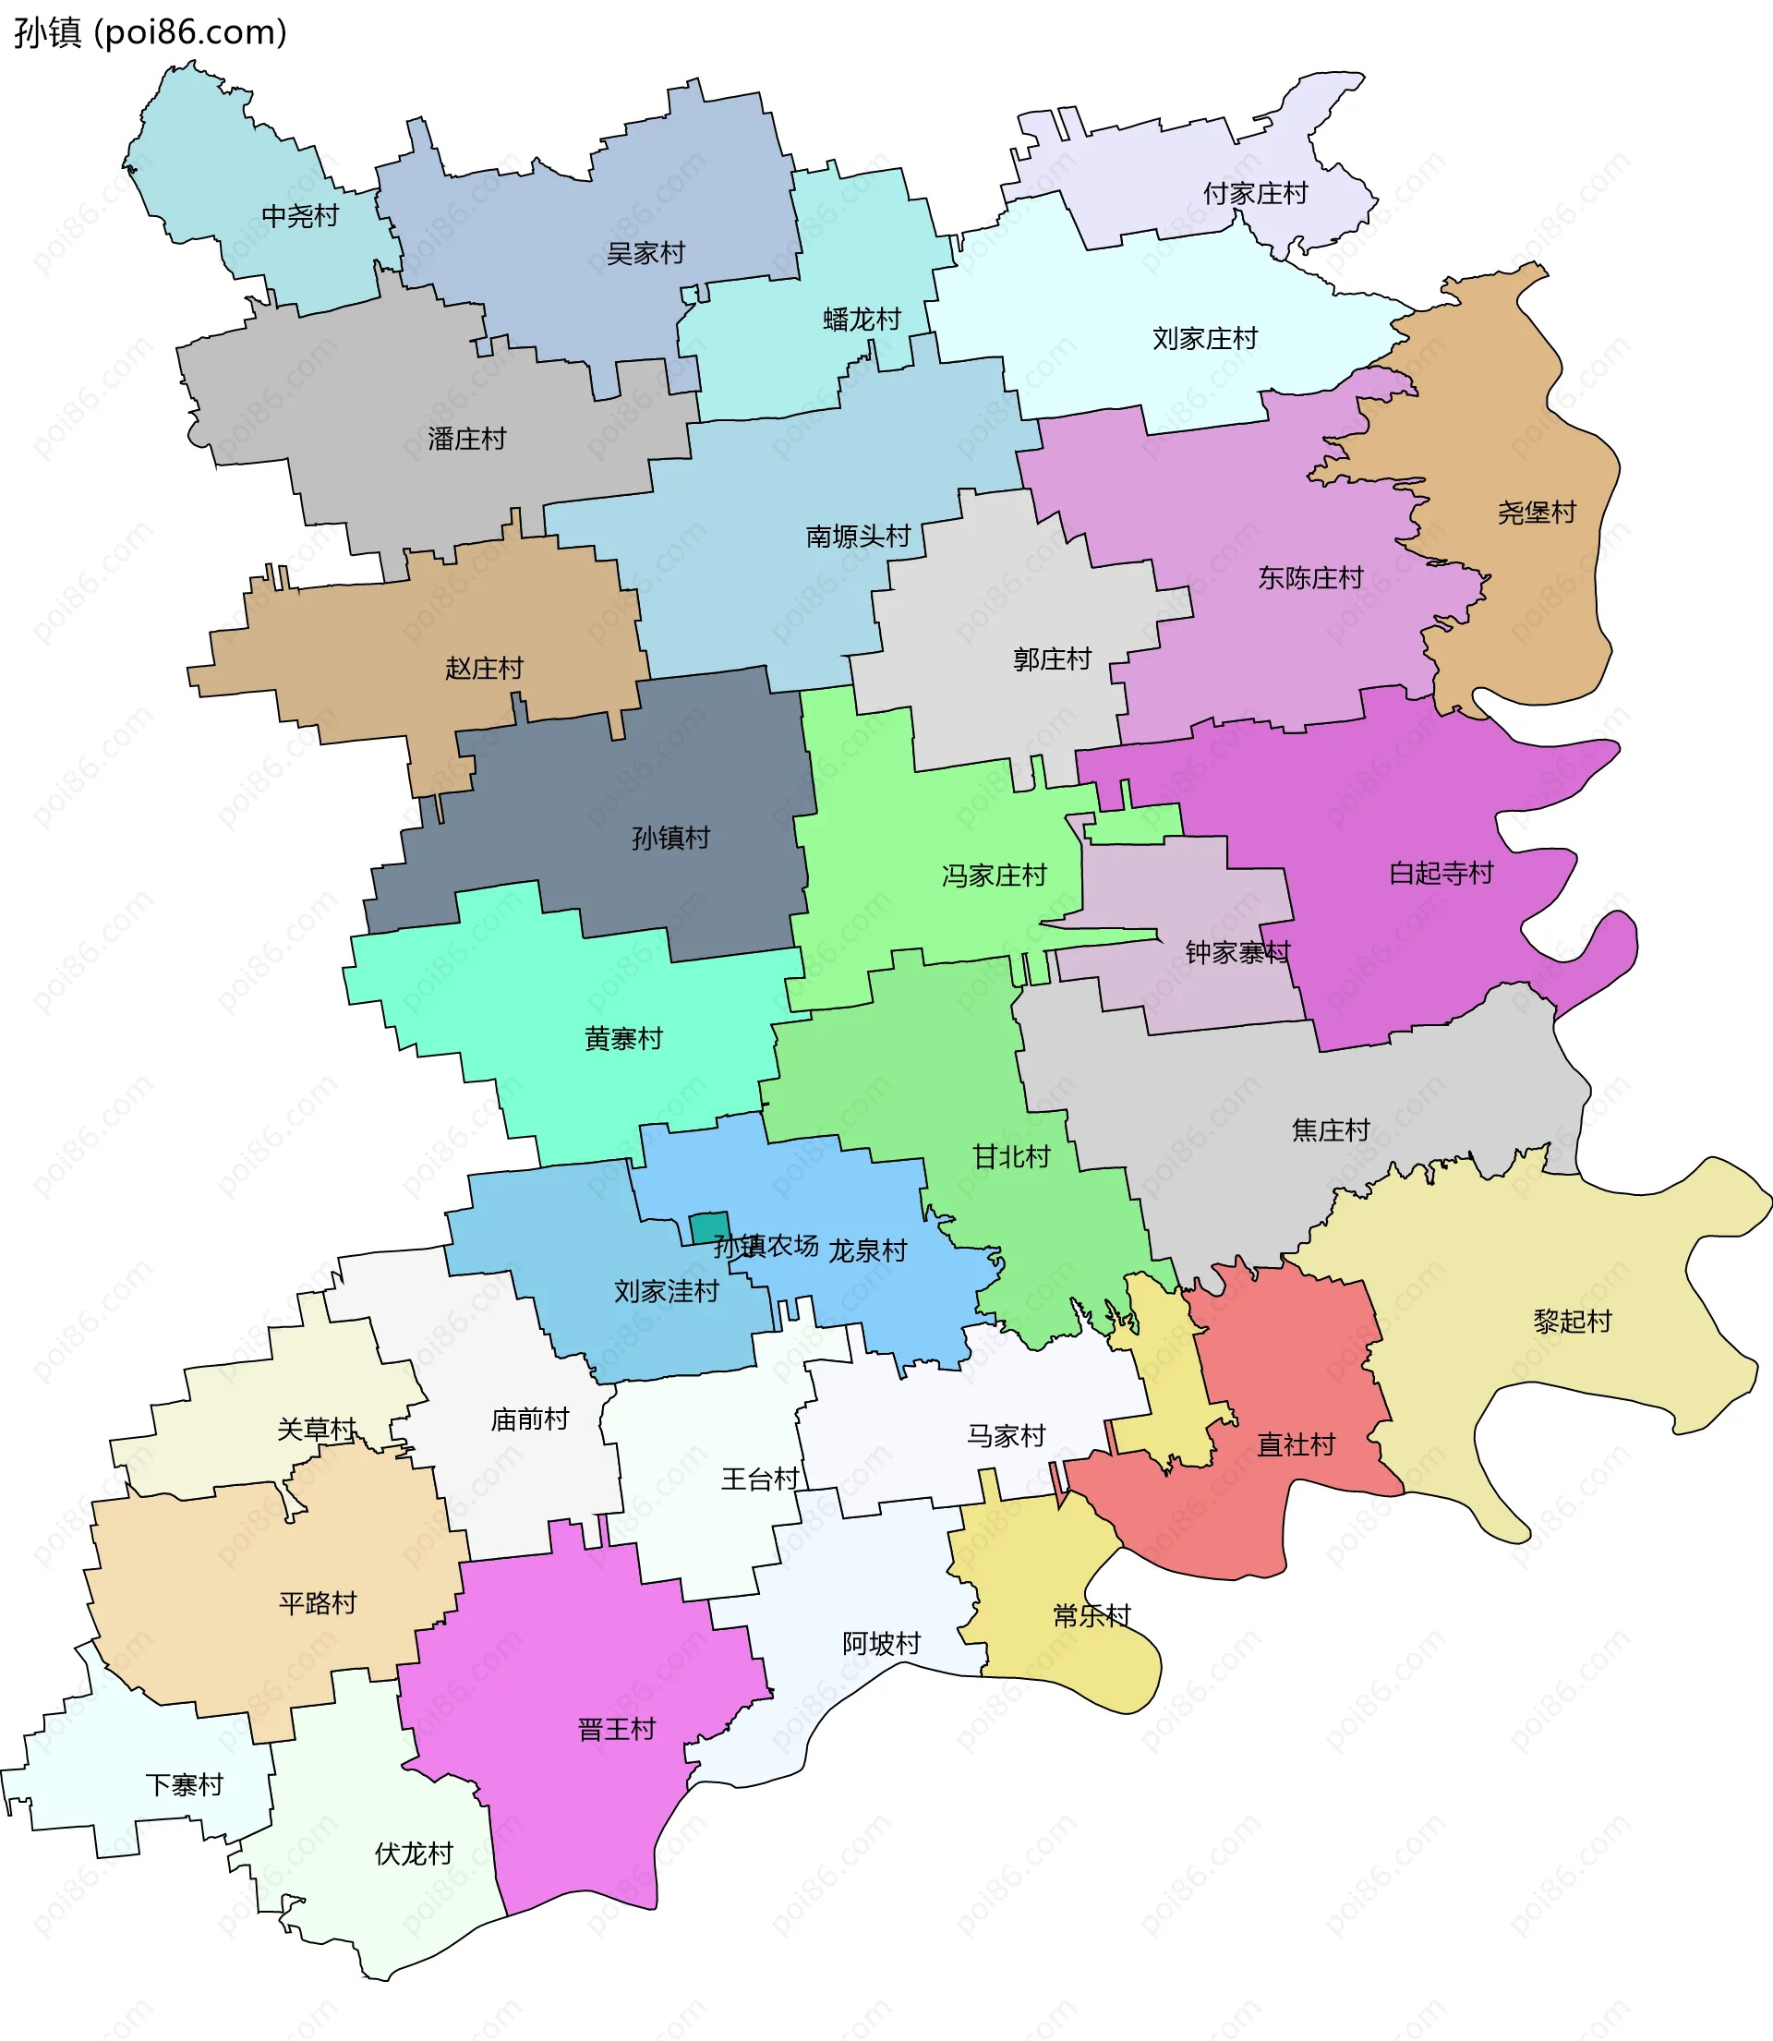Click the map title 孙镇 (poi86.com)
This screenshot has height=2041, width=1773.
coord(151,32)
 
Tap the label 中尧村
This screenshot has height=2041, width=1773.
coord(300,216)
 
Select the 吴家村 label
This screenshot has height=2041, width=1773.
coord(645,253)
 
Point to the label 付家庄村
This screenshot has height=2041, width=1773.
coord(1255,193)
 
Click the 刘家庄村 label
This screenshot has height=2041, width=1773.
coord(1204,338)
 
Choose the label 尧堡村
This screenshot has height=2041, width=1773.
coord(1536,513)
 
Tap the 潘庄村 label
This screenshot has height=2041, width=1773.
coord(466,439)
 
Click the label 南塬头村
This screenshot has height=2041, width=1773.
coord(858,537)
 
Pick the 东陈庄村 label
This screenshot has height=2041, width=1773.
coord(1310,578)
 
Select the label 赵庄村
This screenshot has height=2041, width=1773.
coord(483,669)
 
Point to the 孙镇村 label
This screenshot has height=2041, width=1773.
coord(670,838)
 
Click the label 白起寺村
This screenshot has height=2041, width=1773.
coord(1441,873)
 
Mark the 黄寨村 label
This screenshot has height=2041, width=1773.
coord(622,1039)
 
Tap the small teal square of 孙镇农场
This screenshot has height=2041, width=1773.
coord(709,1227)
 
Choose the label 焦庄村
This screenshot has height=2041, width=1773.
coord(1330,1129)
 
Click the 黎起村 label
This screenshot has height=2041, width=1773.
coord(1572,1321)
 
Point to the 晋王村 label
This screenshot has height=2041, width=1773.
coord(617,1730)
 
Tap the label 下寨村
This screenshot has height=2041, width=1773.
coord(184,1785)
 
